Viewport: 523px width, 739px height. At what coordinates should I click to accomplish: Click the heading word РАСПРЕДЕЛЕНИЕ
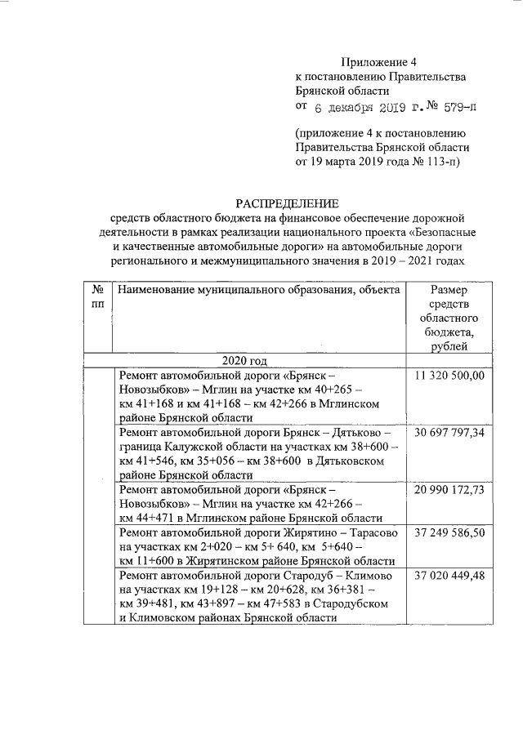coord(286,203)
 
